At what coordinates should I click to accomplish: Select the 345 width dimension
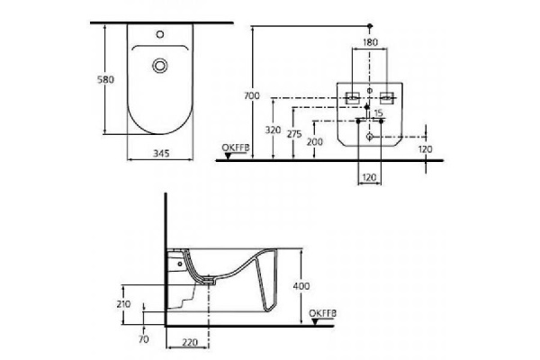point(161,155)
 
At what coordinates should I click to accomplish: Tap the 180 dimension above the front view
point(370,42)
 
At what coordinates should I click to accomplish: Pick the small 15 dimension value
point(379,112)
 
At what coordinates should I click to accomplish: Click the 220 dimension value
point(188,343)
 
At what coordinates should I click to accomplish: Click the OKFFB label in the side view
point(322,313)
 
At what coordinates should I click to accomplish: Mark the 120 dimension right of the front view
point(426,148)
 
